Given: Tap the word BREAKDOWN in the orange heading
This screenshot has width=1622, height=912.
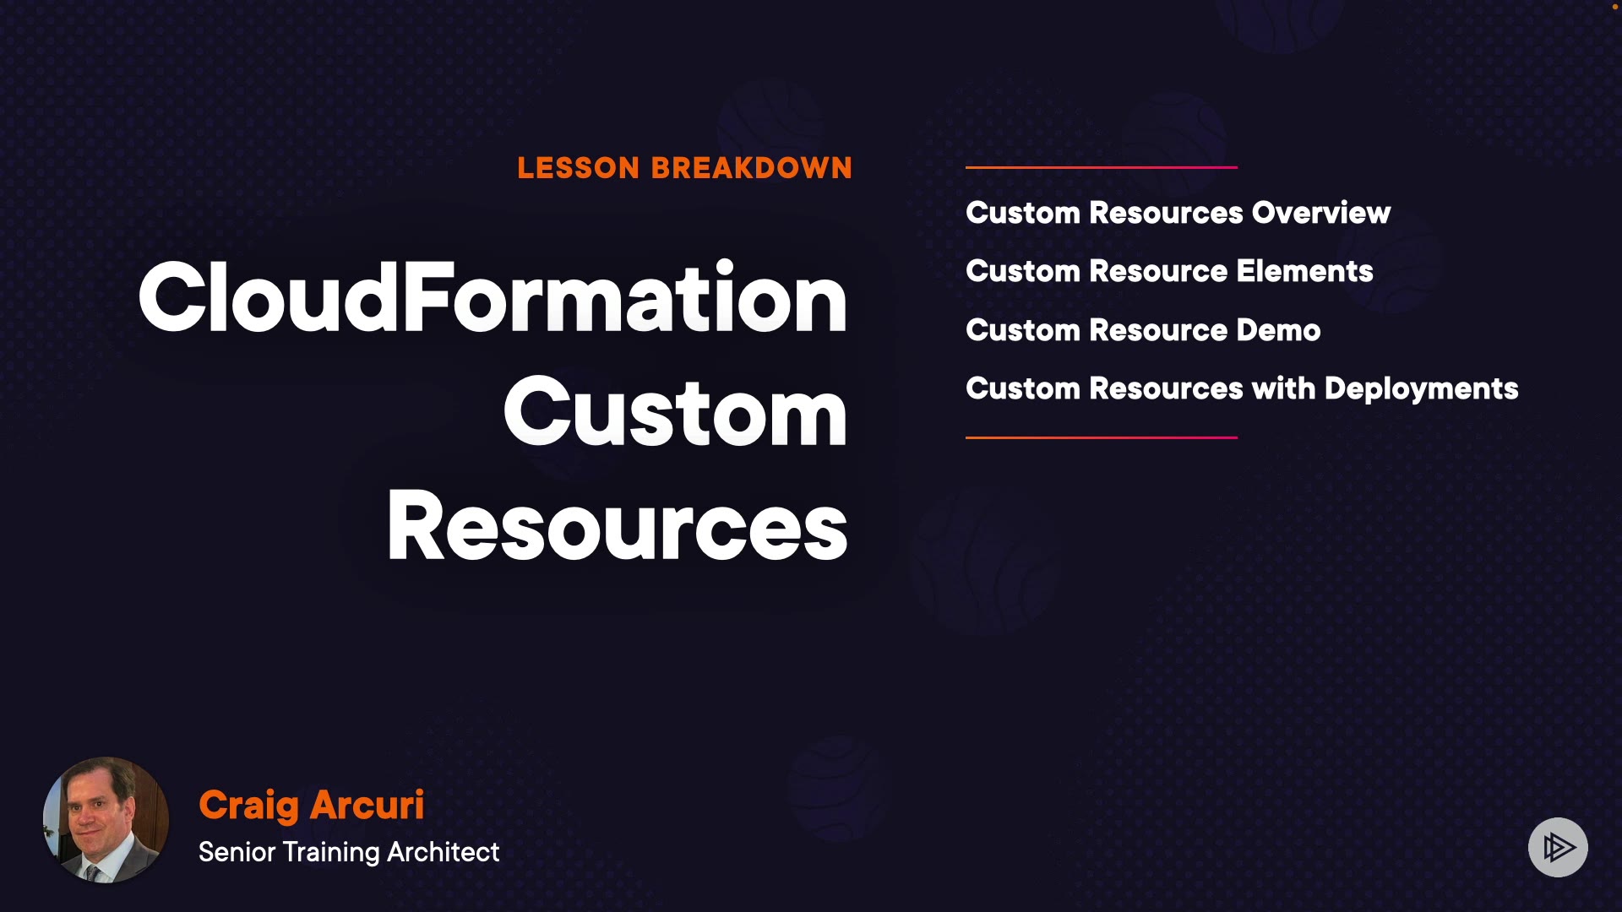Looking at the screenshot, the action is point(752,168).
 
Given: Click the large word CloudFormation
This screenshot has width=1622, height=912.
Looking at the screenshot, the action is point(493,297).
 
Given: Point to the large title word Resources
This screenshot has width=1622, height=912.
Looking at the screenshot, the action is point(618,525).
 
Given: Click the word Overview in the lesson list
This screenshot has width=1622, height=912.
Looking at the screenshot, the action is point(1321,213).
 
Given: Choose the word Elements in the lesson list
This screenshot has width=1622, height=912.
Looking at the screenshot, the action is point(1305,271).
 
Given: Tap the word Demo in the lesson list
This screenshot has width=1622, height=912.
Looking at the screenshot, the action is point(1278,330).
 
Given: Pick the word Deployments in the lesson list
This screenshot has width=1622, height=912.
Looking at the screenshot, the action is point(1422,389).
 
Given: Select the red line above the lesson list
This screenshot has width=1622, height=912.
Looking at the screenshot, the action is point(1102,167).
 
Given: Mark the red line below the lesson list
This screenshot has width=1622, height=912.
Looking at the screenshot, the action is point(1102,437).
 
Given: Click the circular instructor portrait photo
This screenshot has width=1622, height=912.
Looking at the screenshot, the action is point(106,820).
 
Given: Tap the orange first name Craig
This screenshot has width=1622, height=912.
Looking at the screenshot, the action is point(249,806).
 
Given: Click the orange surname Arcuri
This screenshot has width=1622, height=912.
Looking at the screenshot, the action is point(367,805).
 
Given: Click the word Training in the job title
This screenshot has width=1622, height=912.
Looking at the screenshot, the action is point(331,853).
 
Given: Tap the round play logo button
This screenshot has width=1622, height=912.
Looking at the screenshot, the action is point(1558,847).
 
